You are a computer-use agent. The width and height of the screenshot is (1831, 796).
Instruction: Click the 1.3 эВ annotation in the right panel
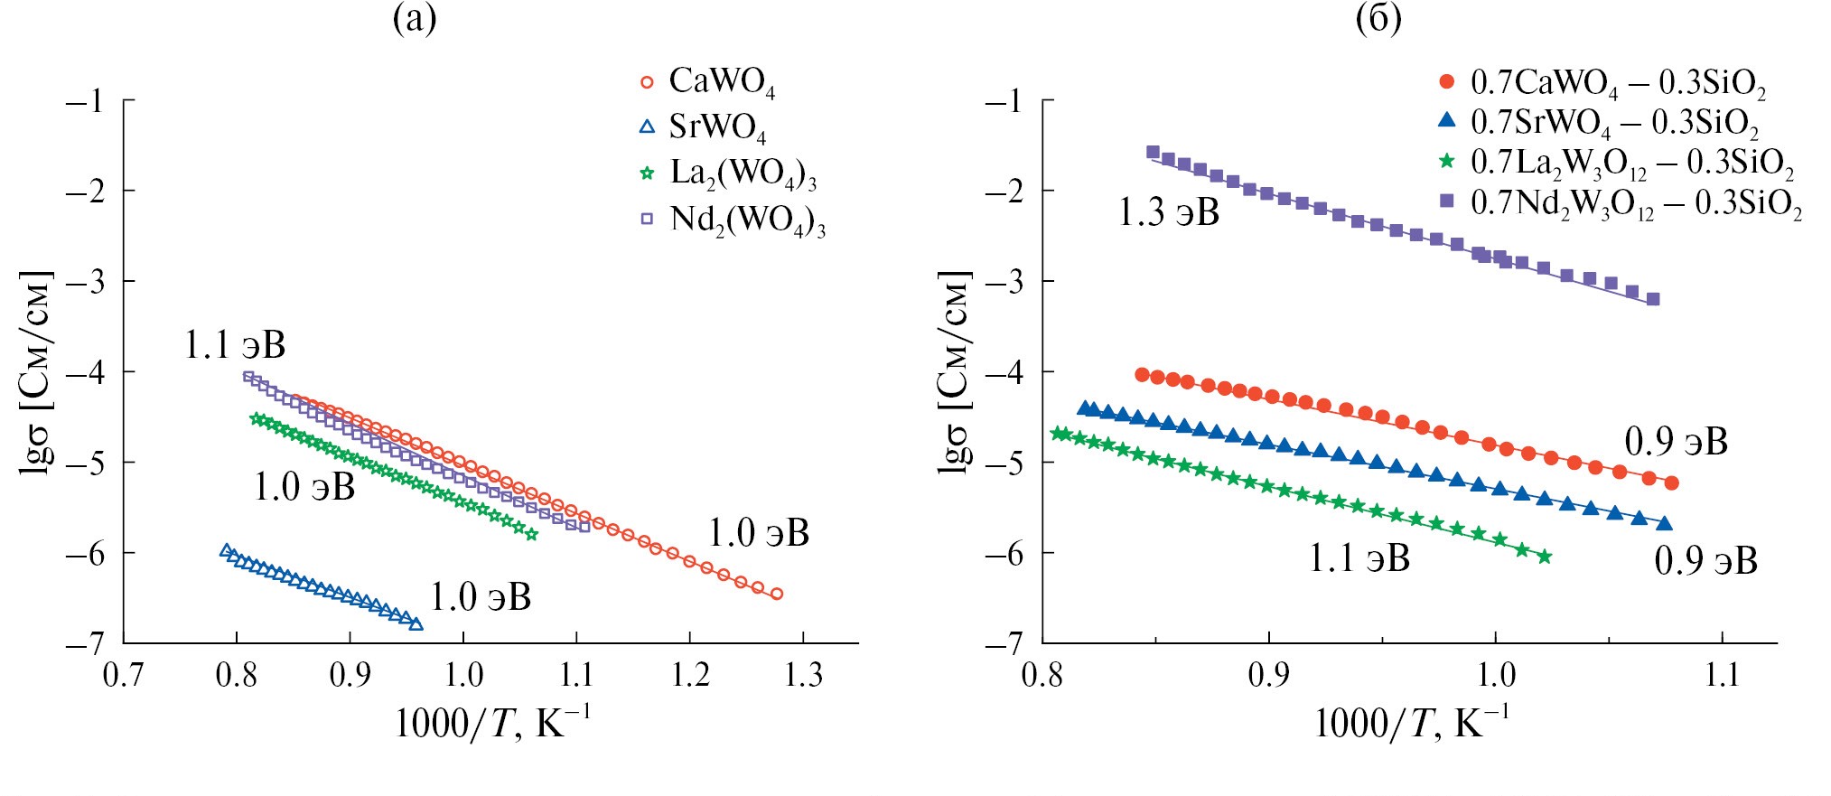1169,213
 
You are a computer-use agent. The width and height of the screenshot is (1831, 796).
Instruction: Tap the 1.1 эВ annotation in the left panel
235,345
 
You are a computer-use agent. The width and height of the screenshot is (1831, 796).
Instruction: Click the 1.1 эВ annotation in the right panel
1359,559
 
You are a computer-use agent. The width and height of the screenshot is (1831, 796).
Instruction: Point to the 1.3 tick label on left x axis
803,675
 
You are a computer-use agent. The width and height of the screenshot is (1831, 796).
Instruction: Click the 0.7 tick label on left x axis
123,675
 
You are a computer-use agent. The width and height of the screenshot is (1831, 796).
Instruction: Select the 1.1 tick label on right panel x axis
1722,675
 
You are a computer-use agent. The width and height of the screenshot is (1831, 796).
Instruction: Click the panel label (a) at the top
415,19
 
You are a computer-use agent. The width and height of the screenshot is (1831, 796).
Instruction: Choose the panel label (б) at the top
1378,19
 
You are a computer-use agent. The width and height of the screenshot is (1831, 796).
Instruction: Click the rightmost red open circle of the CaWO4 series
776,594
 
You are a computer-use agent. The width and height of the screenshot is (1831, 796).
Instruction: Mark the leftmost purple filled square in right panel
1153,153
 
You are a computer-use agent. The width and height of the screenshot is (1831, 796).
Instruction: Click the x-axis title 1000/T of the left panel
492,724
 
